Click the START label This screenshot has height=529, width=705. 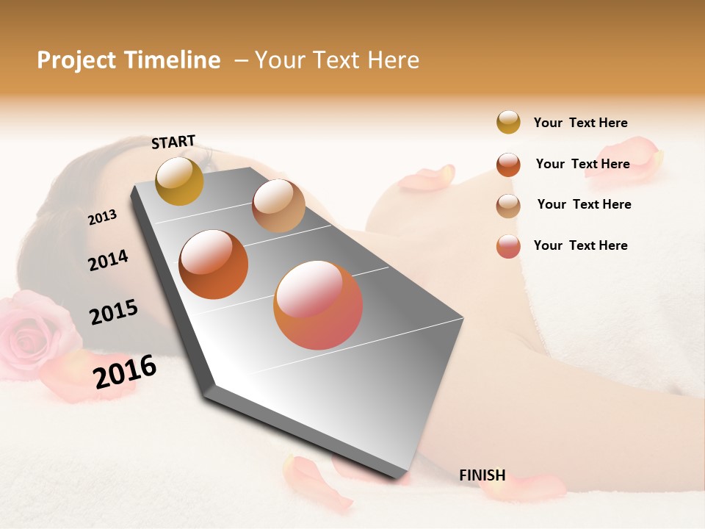[x=173, y=142]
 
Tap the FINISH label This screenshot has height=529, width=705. [x=482, y=475]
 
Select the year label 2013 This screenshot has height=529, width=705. [x=102, y=217]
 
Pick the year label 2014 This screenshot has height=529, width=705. [x=108, y=260]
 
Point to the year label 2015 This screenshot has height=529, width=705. [x=113, y=312]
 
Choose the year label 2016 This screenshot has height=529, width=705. [x=125, y=371]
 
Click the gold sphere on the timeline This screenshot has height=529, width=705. [x=180, y=181]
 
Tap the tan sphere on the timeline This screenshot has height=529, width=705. [x=278, y=206]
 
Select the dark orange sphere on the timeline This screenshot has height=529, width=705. [x=214, y=264]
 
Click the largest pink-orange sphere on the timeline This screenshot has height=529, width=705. [x=318, y=305]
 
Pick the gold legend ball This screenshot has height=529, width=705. [x=508, y=122]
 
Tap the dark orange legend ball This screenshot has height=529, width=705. [x=508, y=165]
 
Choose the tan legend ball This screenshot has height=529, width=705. [x=508, y=206]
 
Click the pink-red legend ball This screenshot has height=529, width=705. [x=508, y=246]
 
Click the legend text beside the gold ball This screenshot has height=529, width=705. [x=580, y=123]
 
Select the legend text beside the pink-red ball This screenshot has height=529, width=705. [x=580, y=245]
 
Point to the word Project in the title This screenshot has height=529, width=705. [x=76, y=60]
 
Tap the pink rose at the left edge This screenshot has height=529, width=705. [x=33, y=331]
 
